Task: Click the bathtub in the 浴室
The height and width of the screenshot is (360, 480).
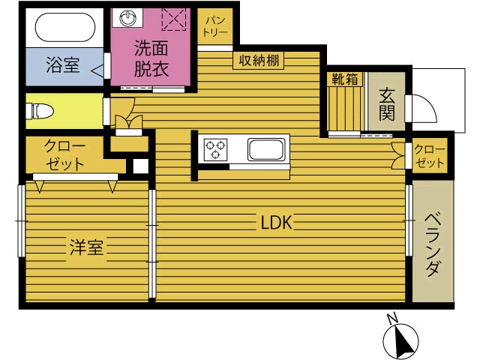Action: [65, 27]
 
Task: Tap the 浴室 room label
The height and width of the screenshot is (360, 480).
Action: [63, 64]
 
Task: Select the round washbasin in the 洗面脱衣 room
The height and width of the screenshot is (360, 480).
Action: [127, 18]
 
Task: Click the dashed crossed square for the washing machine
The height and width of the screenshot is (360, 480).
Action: [174, 19]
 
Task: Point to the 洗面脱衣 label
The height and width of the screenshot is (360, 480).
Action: [151, 58]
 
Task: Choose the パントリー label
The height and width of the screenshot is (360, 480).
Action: [215, 27]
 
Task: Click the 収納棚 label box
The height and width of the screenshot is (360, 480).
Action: [259, 60]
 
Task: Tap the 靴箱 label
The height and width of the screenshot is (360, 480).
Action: [345, 79]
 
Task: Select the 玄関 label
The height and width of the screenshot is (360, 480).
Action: [387, 104]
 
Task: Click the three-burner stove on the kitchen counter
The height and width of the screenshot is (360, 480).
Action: [215, 149]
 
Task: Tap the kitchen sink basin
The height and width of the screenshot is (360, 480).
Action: [265, 149]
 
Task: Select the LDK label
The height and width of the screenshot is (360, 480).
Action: [276, 223]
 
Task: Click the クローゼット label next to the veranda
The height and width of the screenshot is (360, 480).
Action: [430, 156]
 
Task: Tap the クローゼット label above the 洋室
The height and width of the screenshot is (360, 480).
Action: [64, 154]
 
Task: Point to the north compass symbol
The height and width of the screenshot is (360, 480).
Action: [400, 339]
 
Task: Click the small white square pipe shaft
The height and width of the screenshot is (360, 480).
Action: [140, 166]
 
